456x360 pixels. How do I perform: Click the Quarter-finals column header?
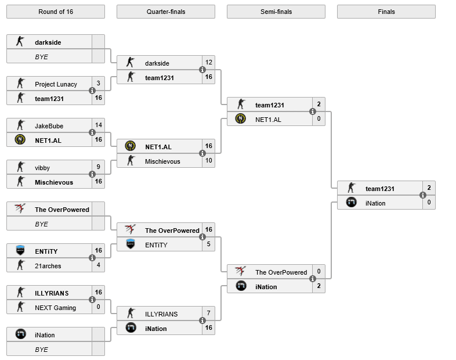[166, 12]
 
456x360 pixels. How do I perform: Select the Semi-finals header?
[276, 12]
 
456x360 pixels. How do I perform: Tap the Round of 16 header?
[56, 12]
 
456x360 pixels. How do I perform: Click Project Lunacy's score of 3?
[98, 83]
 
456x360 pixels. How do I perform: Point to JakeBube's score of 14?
[99, 125]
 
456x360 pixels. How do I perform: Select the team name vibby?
[42, 168]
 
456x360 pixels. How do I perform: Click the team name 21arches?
[48, 266]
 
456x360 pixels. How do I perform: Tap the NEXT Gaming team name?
[55, 308]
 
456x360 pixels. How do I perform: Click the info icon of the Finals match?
[423, 195]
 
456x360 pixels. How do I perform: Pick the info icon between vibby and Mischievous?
[92, 174]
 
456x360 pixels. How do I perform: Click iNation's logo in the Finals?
[352, 202]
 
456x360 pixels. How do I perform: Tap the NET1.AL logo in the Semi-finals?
[241, 118]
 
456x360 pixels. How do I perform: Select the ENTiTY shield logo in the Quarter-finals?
[131, 244]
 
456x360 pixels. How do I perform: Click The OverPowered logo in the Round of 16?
[20, 208]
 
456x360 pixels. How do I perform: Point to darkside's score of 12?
[209, 62]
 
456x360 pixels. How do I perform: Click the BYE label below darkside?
[41, 57]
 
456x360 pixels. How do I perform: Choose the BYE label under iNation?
[41, 350]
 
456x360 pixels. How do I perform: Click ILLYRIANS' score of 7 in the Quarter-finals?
[208, 313]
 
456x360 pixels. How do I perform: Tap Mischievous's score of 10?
[209, 160]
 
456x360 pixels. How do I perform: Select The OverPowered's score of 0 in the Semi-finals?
[319, 271]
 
